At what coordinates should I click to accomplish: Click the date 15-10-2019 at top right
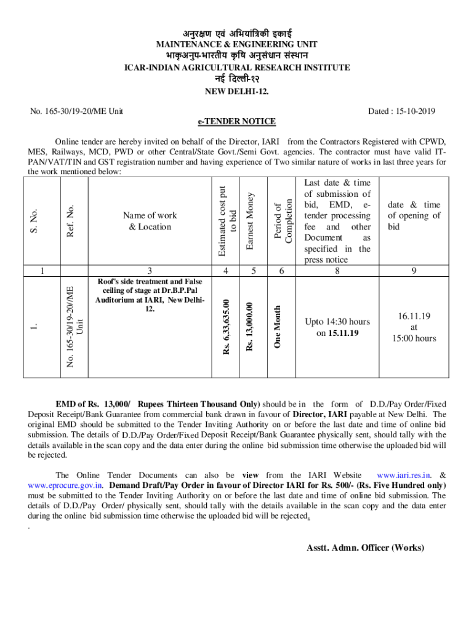tap(401, 111)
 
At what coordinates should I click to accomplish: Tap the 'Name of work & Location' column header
tap(150, 221)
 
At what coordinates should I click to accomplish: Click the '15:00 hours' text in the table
tap(414, 338)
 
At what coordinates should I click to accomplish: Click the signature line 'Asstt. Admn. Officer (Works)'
tap(365, 548)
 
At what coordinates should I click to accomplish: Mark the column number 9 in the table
tap(414, 269)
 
